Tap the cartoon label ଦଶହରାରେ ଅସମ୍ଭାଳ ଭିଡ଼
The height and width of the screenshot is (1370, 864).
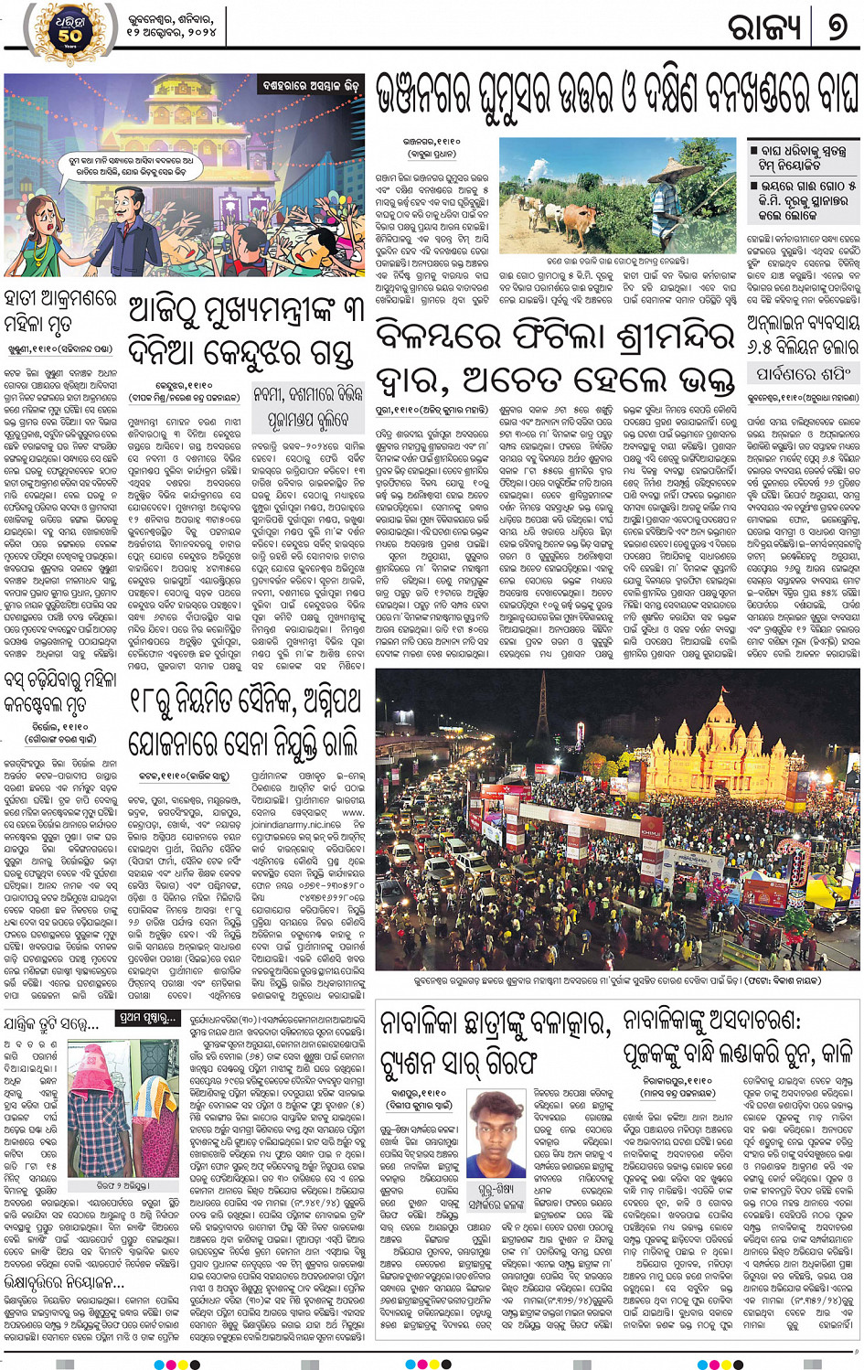coord(311,84)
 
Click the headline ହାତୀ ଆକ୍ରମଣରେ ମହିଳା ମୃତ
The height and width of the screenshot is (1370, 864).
coord(59,312)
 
